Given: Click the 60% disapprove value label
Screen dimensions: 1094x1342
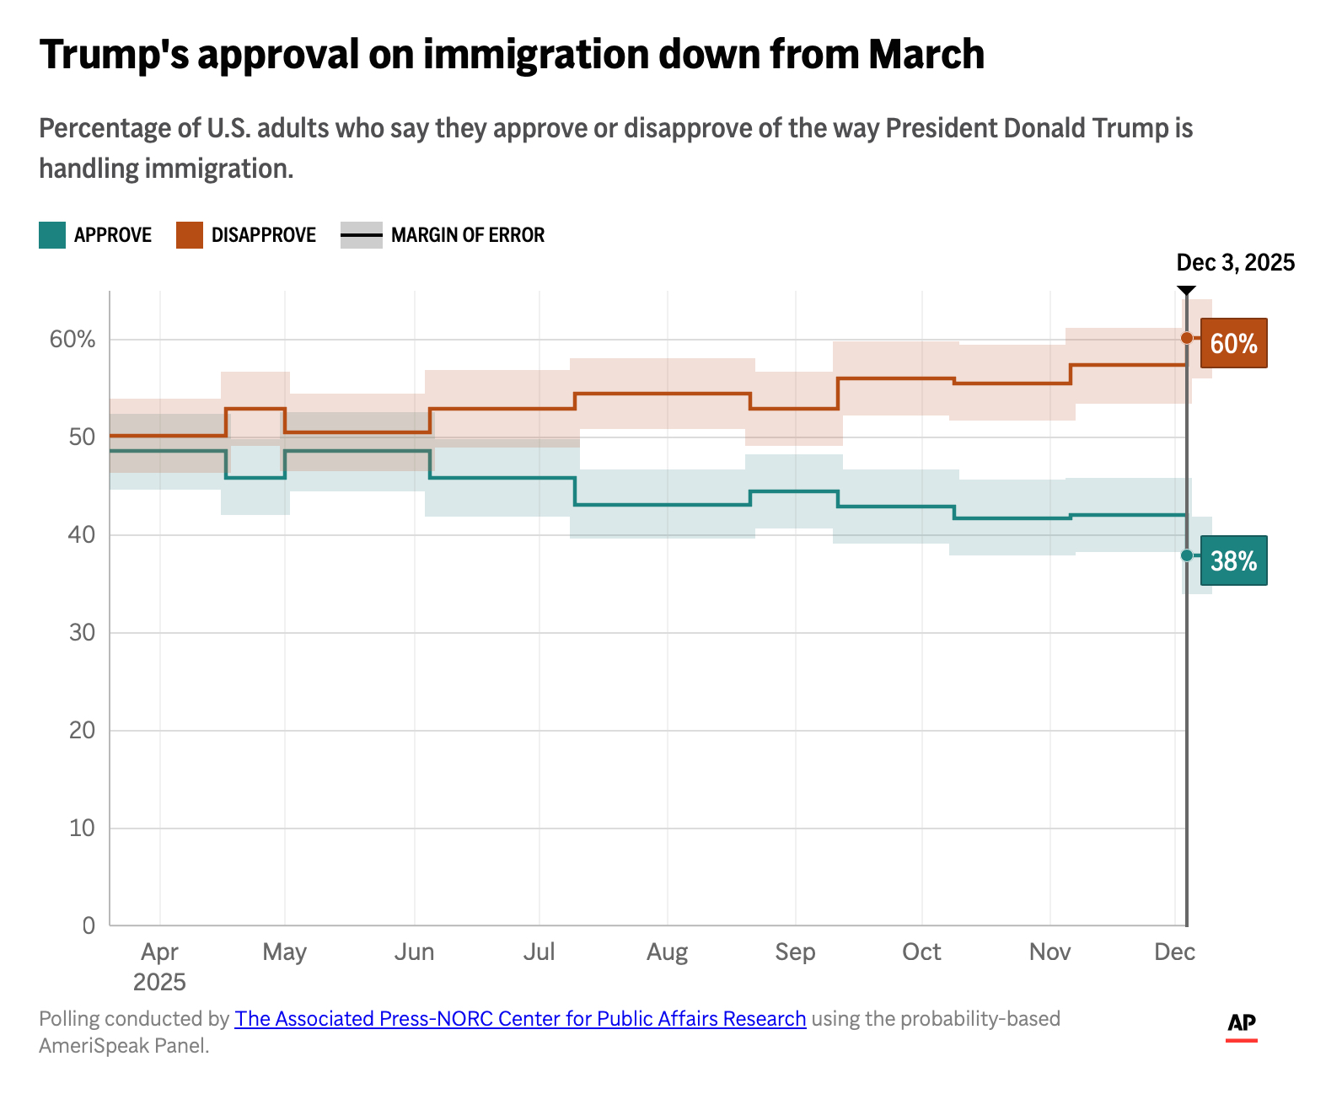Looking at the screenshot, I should (x=1233, y=343).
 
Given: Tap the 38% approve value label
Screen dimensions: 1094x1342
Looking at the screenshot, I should (x=1233, y=560).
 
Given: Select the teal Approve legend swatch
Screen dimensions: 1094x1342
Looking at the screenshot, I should (x=52, y=235).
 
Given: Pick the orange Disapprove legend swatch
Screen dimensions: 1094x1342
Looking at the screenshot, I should (x=190, y=235).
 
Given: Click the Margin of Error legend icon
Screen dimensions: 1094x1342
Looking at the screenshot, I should (x=362, y=235).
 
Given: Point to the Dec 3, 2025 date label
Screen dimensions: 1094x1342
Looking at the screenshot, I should (x=1235, y=263).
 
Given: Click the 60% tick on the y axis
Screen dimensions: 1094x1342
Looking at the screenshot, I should (x=72, y=340).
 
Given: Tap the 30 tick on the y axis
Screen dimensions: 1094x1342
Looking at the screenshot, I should (x=82, y=632).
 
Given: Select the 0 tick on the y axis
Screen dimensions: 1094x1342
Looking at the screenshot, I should (x=89, y=925).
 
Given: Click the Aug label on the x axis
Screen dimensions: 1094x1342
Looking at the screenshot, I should (x=667, y=952).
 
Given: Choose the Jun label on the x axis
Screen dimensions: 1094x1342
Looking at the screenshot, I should (x=414, y=952).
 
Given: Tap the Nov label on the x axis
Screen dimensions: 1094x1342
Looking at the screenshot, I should (x=1049, y=952).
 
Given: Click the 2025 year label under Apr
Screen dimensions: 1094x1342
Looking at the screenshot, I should (x=159, y=982).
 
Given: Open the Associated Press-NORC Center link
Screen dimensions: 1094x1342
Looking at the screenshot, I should (x=520, y=1019).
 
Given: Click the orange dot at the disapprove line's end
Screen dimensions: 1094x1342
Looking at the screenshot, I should (x=1187, y=338).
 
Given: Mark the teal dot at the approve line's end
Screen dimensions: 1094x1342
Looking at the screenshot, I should (x=1187, y=555).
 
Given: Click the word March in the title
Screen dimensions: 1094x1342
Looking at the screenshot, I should (x=926, y=55).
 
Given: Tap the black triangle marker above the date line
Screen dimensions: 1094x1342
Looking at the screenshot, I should (x=1186, y=290).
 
